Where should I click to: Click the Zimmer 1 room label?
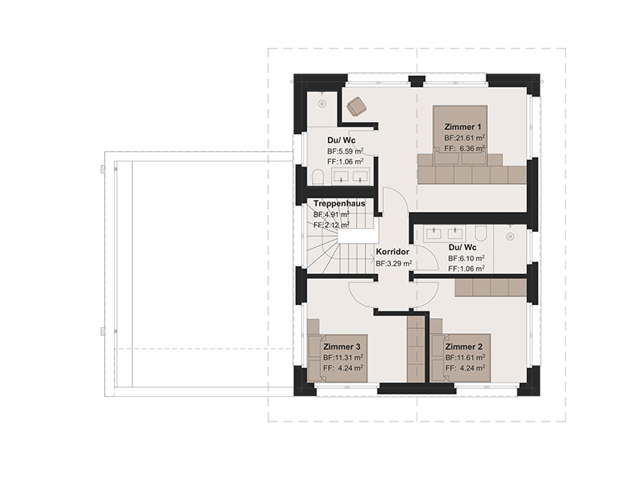463,127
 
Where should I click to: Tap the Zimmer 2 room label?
464,347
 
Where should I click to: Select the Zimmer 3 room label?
342,347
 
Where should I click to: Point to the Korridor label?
393,252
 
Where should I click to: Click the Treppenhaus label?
339,203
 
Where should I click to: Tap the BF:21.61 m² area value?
465,138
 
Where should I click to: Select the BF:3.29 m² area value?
394,264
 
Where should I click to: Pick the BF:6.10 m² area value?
467,258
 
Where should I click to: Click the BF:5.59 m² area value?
346,151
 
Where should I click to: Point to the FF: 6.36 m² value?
465,148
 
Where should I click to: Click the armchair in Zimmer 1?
356,107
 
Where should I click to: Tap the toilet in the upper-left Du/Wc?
318,178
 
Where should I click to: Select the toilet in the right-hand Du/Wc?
481,233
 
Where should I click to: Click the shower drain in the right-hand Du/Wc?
510,236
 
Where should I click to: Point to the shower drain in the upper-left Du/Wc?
322,104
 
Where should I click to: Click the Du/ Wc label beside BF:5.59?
342,140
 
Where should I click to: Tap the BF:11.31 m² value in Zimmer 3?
343,358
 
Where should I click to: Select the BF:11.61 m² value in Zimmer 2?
465,358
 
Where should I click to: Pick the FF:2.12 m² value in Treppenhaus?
331,225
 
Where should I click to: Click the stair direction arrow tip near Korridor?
374,257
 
